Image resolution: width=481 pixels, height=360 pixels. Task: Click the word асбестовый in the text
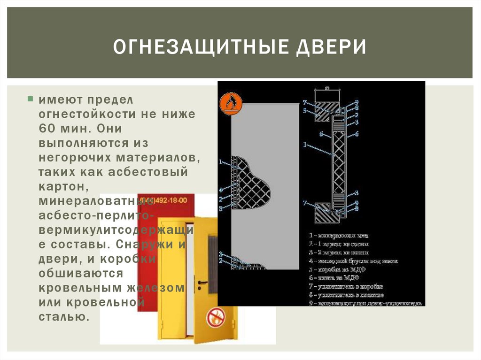[148, 172]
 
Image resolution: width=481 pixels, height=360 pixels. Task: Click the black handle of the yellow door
[202, 282]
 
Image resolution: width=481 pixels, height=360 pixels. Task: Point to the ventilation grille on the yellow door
[213, 259]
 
